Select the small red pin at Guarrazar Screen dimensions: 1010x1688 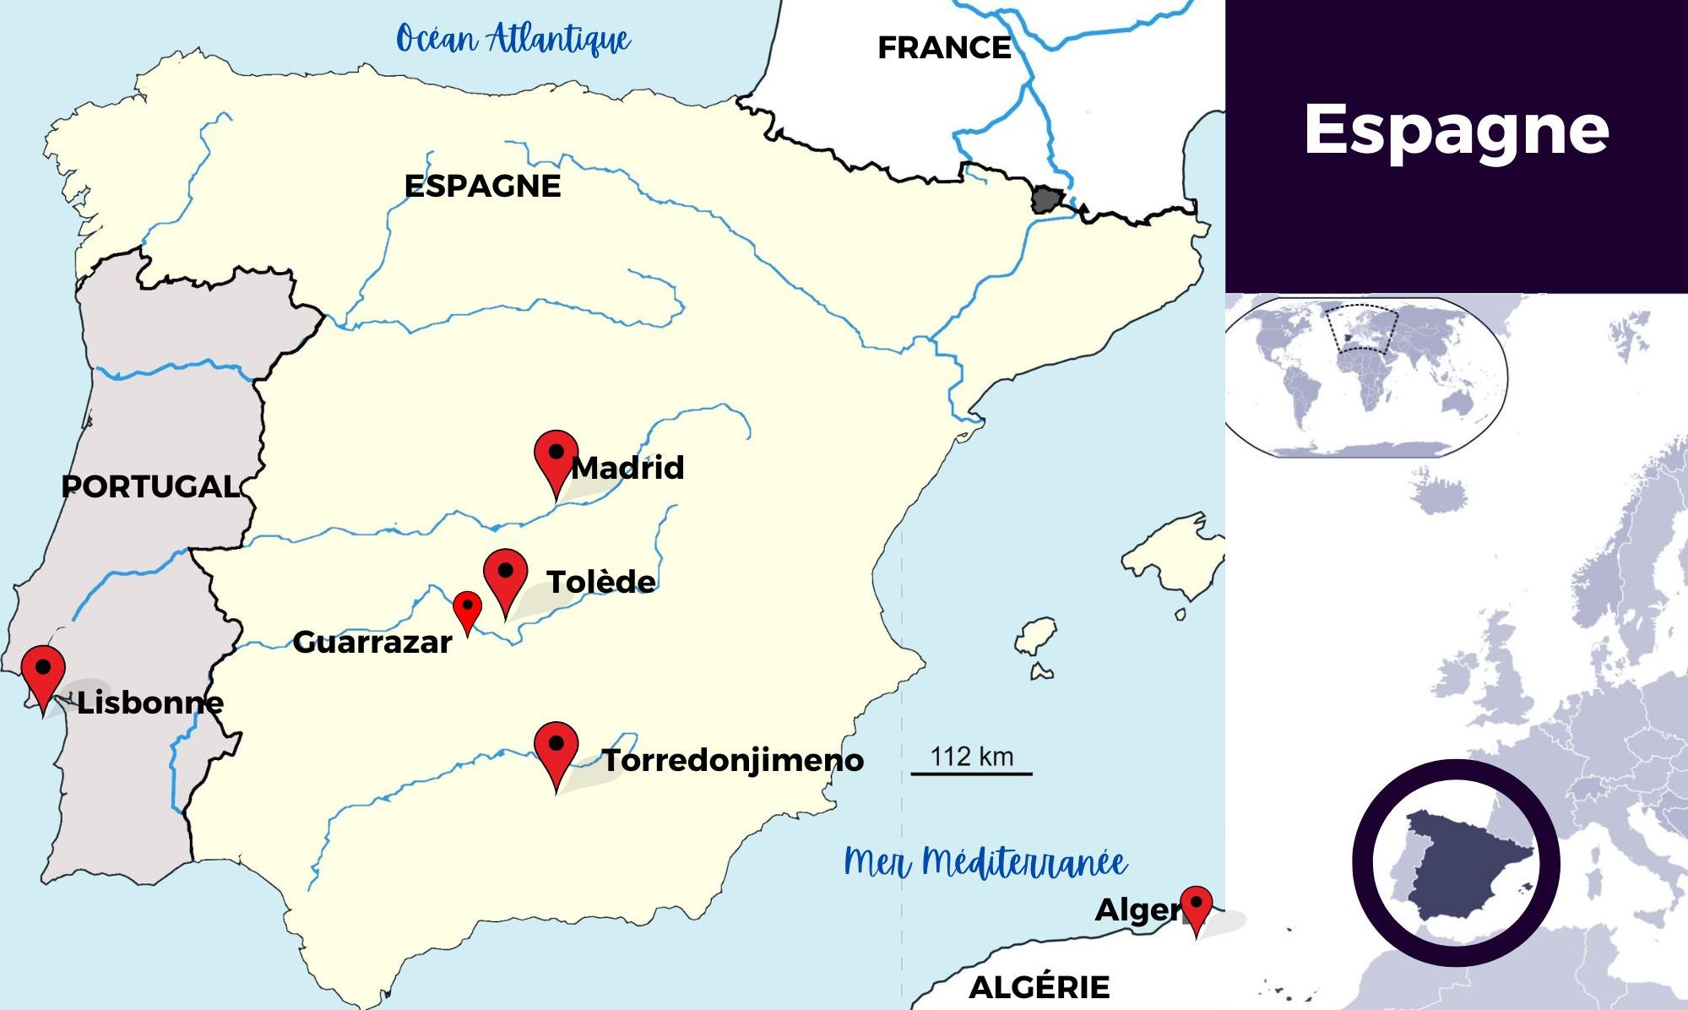(x=467, y=607)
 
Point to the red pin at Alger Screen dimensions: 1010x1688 (x=1196, y=905)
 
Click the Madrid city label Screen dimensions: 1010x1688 (x=627, y=468)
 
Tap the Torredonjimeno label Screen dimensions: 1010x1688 (x=732, y=761)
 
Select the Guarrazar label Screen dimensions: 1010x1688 (x=372, y=643)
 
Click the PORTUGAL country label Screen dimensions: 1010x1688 (x=150, y=486)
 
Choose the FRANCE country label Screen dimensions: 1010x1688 (x=944, y=48)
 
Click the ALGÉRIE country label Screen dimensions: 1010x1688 (x=1039, y=986)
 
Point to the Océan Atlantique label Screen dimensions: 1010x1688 (x=513, y=39)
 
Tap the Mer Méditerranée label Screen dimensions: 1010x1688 (x=985, y=862)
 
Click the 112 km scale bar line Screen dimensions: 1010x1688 (x=971, y=774)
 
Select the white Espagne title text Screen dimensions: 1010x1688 (x=1457, y=130)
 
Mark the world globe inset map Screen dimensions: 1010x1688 (x=1365, y=377)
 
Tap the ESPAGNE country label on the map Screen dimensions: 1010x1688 (x=482, y=187)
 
